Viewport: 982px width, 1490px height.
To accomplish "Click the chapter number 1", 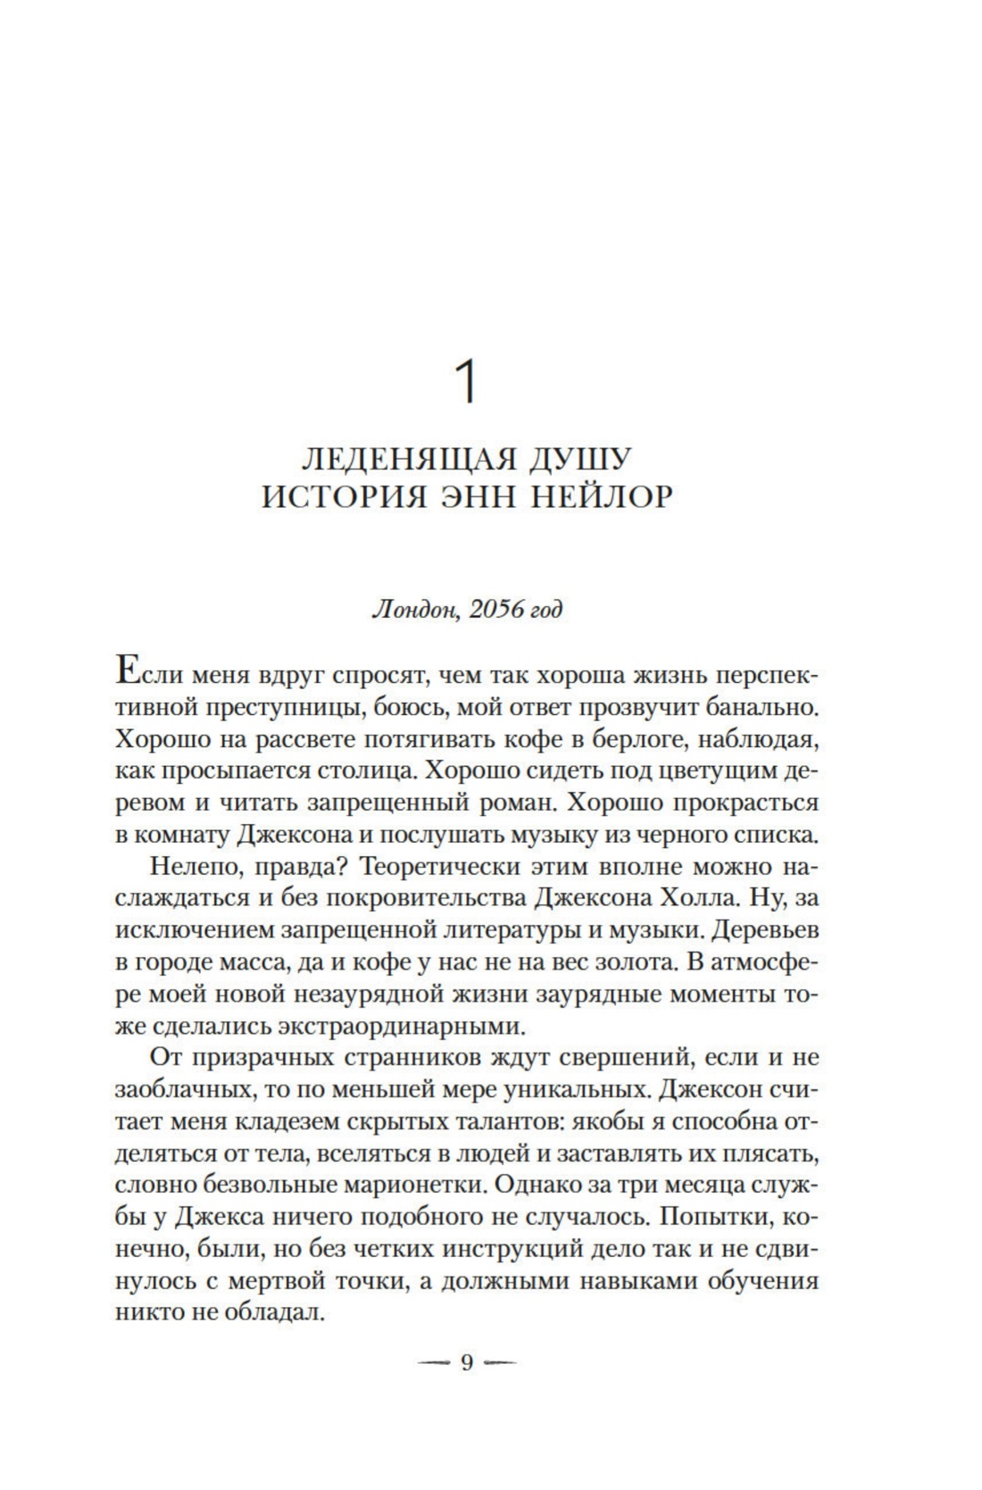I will [x=467, y=381].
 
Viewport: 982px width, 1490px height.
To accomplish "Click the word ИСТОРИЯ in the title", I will [x=328, y=496].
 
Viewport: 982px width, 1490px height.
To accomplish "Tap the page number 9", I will [x=466, y=1363].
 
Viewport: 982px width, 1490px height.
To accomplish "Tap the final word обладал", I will [x=277, y=1312].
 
